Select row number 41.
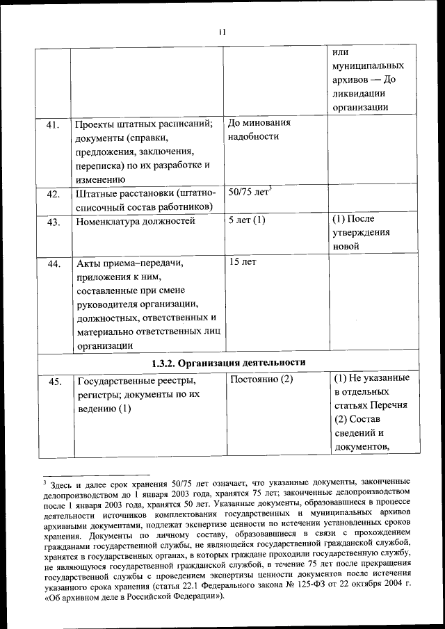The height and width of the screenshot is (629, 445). [53, 125]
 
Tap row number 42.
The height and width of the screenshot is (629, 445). [53, 194]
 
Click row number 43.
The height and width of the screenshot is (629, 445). [53, 222]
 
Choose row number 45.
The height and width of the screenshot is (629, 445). [53, 382]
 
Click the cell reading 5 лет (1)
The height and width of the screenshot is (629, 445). [247, 220]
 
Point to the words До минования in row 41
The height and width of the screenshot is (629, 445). [259, 123]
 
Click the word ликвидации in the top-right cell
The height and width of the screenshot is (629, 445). [362, 93]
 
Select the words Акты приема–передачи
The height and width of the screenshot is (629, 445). [129, 264]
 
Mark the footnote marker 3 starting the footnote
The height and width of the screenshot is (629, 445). [44, 480]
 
